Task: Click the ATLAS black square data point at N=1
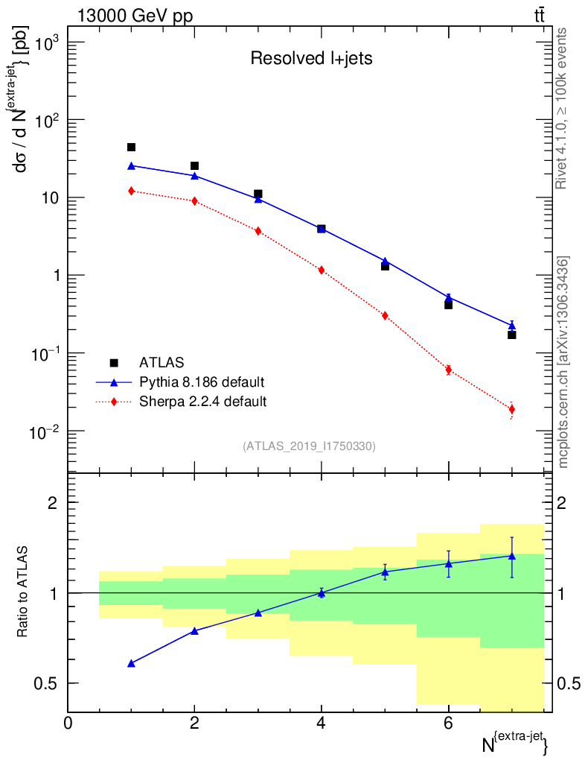point(132,148)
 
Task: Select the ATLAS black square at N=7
point(512,335)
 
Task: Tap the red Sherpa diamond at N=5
point(385,315)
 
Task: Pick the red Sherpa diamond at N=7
point(512,409)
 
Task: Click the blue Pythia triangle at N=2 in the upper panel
point(195,176)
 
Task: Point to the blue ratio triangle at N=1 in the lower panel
point(132,662)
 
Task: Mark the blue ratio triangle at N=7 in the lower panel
point(512,556)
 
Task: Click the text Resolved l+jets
point(310,59)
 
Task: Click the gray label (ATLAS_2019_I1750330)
point(309,446)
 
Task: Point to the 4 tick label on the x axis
point(322,723)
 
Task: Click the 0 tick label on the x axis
point(68,723)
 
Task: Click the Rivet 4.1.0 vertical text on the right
point(562,108)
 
